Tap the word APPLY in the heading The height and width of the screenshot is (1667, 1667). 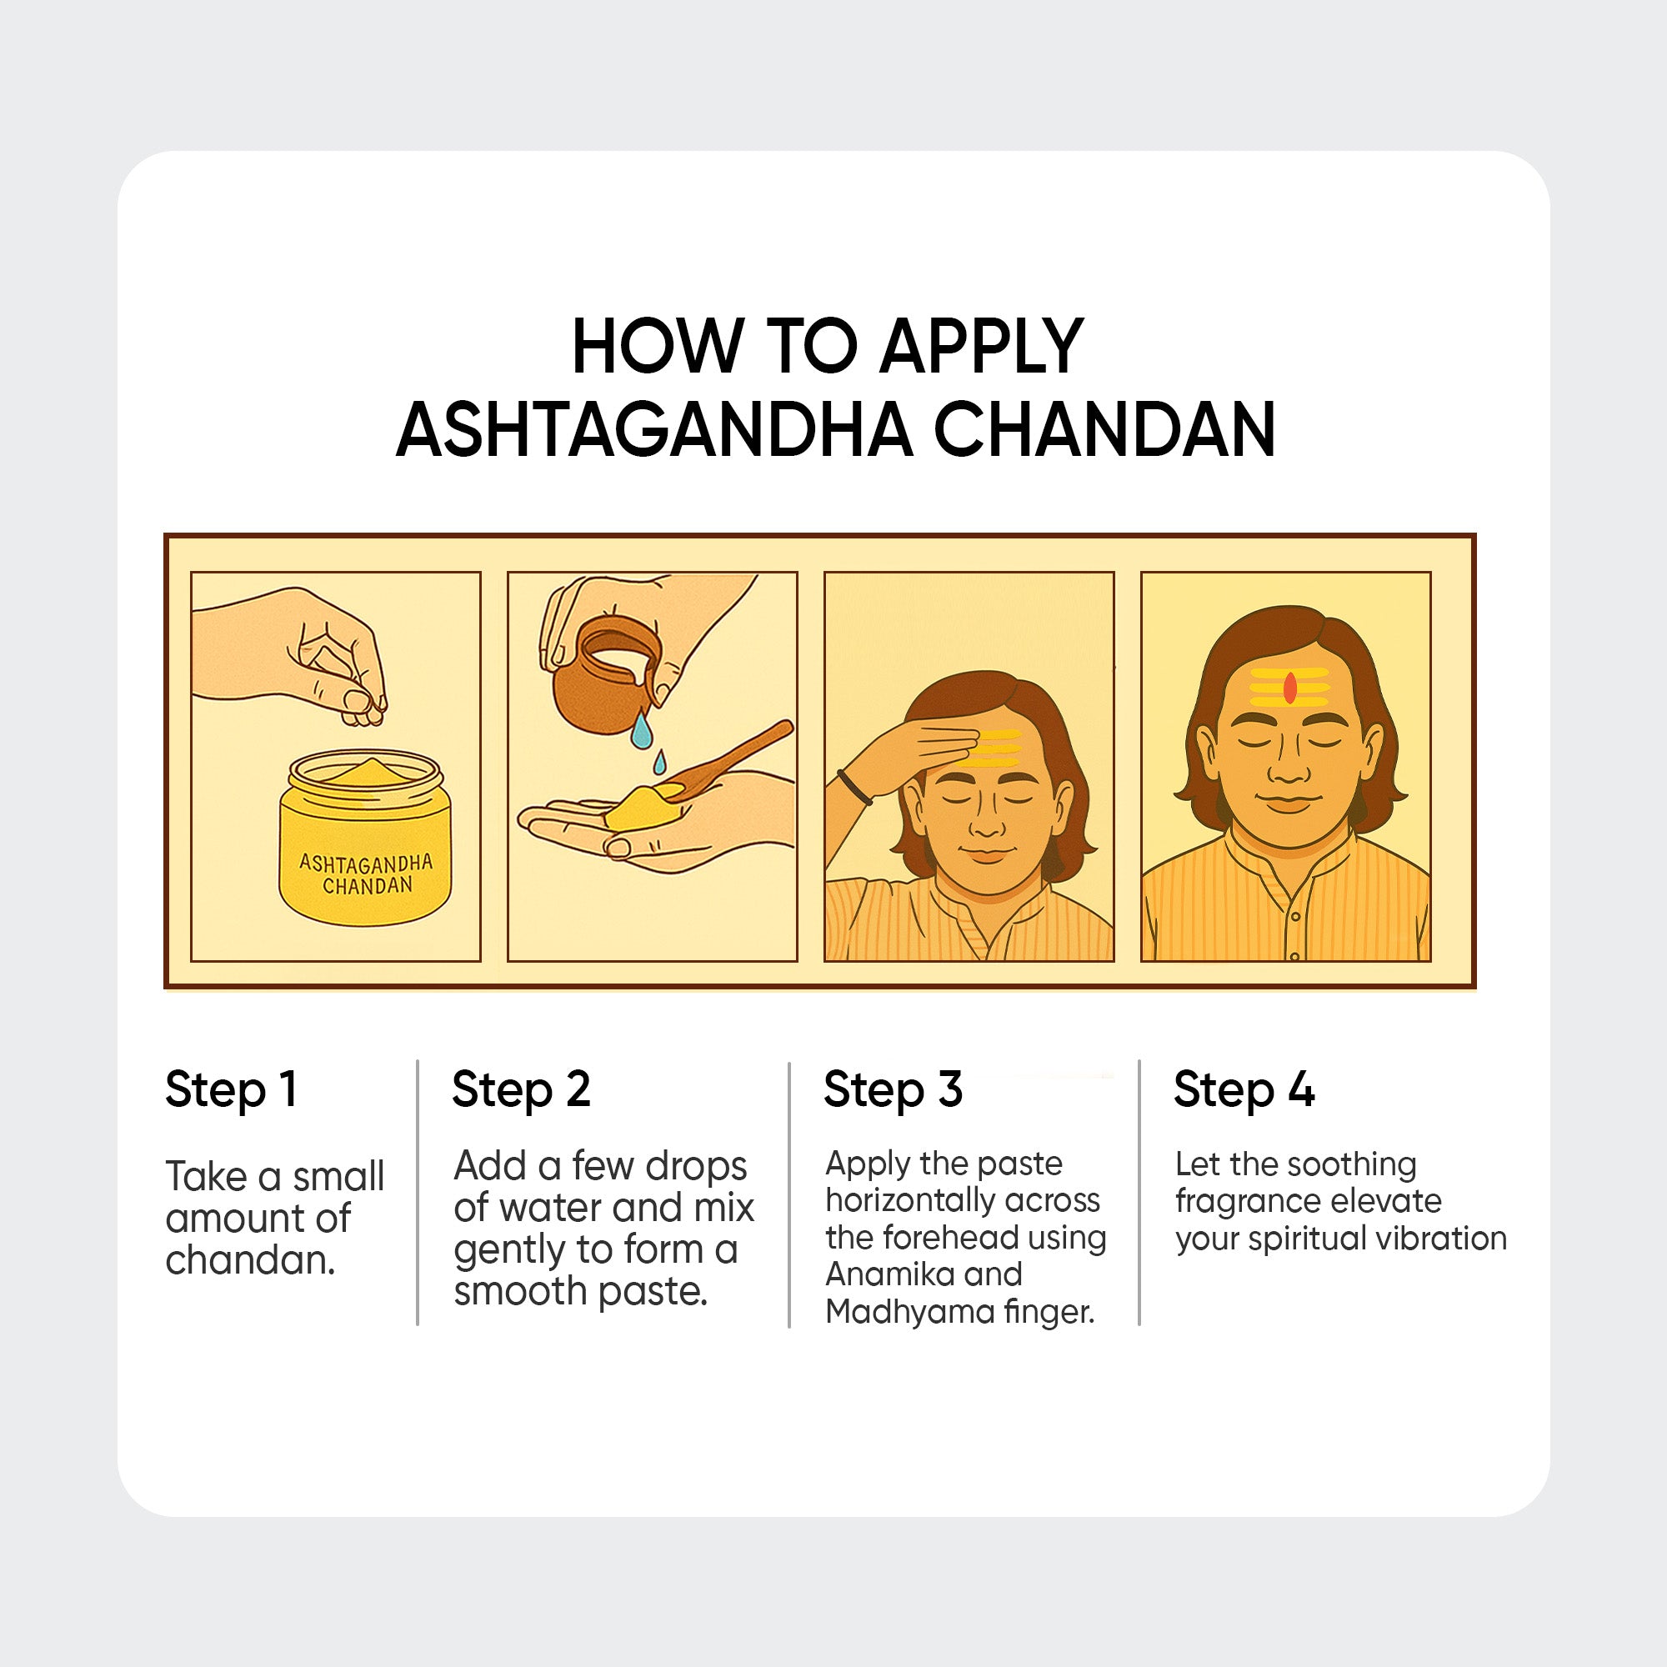coord(981,346)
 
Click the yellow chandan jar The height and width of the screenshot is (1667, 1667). coord(365,837)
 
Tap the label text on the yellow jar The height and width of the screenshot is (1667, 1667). coord(366,874)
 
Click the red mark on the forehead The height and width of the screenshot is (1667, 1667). coord(1290,688)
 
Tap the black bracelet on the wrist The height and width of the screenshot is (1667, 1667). coord(854,786)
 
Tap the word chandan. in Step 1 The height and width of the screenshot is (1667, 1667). coord(250,1260)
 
